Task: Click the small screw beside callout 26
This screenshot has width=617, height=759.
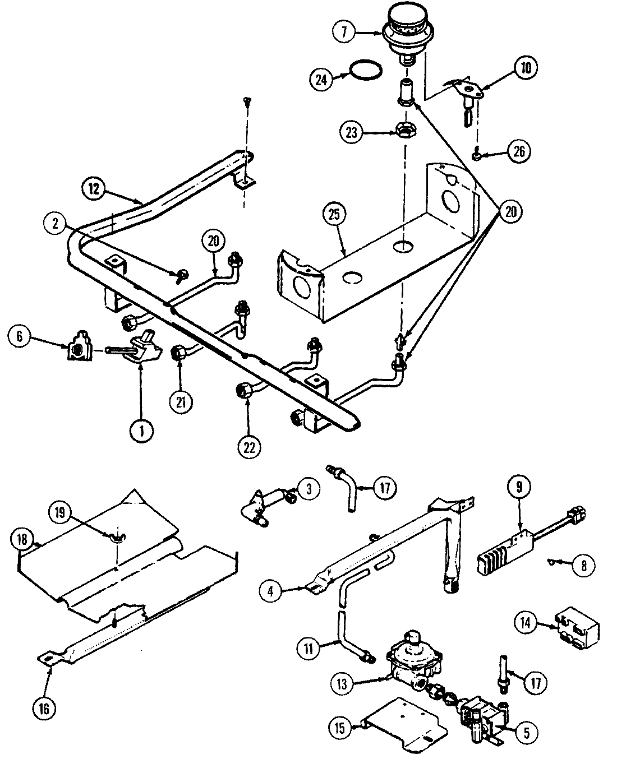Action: (477, 154)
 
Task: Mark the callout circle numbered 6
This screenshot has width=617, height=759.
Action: (20, 336)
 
